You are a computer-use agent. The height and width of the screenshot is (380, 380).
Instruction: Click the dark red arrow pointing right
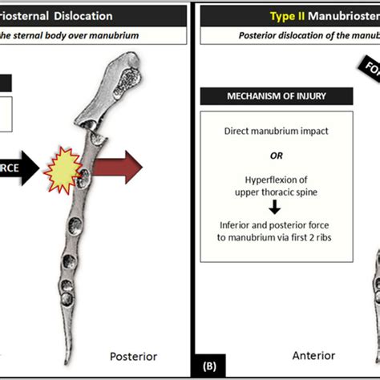(x=119, y=167)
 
